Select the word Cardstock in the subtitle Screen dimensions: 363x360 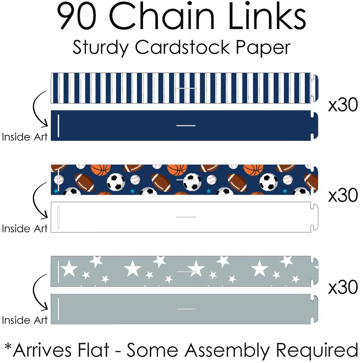point(181,48)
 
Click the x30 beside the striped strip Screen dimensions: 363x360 point(343,105)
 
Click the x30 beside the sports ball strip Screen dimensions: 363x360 point(343,196)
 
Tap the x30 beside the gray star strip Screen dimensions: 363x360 point(343,287)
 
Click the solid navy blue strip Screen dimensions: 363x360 point(183,125)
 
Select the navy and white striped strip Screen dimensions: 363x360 point(183,88)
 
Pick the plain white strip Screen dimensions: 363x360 point(183,217)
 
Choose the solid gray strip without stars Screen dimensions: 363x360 point(183,309)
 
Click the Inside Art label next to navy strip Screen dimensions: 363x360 point(25,137)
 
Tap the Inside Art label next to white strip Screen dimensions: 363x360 point(25,228)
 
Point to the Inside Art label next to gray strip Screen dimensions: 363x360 point(25,320)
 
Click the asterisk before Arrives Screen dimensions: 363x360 point(8,347)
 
